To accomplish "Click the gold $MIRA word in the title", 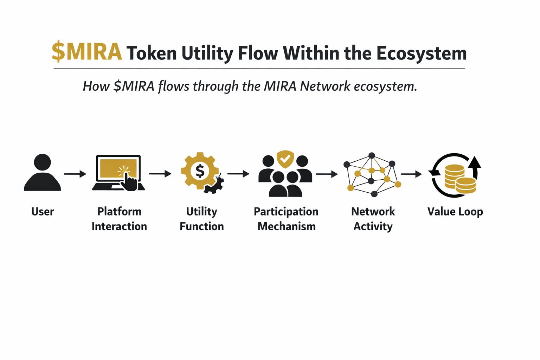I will point(87,52).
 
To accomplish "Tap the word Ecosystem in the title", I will point(421,53).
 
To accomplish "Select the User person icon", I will point(43,173).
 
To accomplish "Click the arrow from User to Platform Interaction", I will point(75,174).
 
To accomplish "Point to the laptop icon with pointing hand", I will point(118,173).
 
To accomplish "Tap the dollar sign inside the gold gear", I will point(200,171).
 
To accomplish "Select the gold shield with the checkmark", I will point(285,159).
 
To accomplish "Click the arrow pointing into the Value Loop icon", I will point(411,174).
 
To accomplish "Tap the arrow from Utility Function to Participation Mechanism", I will point(238,173).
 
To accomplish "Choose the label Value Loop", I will point(455,212).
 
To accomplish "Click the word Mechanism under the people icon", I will point(286,226).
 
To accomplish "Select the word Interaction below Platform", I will point(119,226).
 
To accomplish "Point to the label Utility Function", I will point(201,219).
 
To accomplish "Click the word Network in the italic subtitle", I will point(325,86).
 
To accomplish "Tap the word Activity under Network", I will point(373,226).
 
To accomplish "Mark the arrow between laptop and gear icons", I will point(160,173).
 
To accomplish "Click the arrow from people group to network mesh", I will point(327,174).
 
